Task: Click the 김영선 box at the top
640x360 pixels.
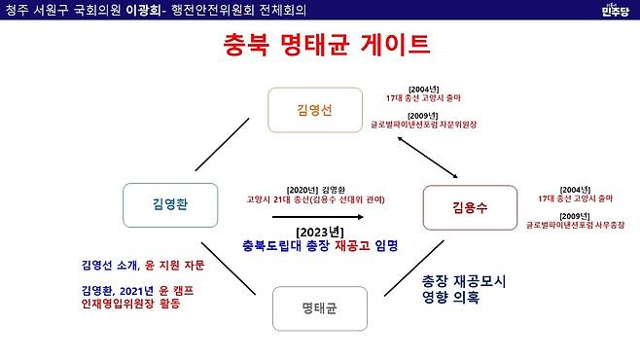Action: point(314,110)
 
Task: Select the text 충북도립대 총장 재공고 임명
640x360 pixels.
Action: point(321,245)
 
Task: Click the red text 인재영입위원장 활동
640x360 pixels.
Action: point(132,304)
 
